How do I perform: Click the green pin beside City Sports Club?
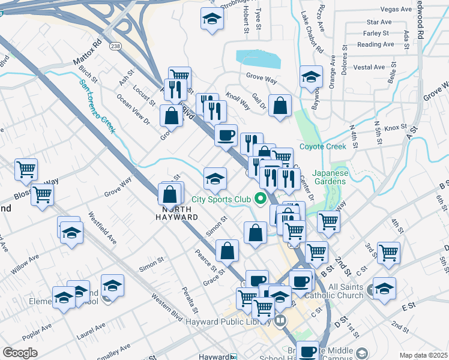[x=261, y=198]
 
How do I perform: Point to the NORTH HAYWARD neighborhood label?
[x=178, y=212]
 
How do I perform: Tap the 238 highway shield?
[x=116, y=46]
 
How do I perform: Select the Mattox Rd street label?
[x=88, y=53]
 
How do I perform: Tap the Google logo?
[x=20, y=353]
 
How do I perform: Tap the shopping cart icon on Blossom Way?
[x=43, y=194]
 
